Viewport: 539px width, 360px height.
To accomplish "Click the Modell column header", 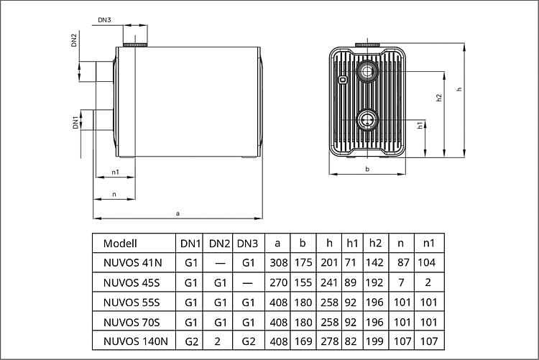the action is [120, 244].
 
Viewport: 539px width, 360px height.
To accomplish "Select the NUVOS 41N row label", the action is [132, 263].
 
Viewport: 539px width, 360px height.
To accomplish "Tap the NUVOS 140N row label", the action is [135, 341].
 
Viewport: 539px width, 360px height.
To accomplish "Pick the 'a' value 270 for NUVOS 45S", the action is [278, 282].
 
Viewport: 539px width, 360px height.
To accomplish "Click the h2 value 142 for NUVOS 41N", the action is [374, 263].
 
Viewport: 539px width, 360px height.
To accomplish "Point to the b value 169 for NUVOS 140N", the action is [303, 341].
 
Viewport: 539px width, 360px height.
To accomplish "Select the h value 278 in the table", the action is [329, 341].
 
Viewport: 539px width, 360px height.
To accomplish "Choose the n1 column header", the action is [428, 244].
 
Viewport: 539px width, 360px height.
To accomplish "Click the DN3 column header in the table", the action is [247, 244].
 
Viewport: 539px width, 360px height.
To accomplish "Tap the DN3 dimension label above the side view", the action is [104, 20].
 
